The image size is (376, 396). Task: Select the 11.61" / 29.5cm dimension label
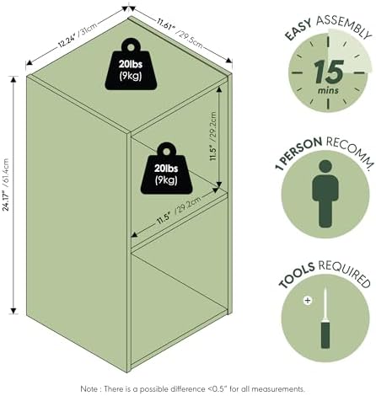[180, 33]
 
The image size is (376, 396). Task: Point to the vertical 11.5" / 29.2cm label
[213, 136]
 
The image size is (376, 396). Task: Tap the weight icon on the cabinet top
[131, 64]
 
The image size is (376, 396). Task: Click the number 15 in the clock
[329, 72]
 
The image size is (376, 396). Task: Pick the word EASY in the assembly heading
[298, 29]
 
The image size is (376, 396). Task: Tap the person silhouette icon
[325, 194]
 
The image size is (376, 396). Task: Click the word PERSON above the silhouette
[301, 150]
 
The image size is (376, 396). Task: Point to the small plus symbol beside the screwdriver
[308, 301]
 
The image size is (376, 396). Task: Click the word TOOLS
[297, 275]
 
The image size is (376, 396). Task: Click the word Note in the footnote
[89, 389]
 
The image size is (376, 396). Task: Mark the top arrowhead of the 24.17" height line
[13, 79]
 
